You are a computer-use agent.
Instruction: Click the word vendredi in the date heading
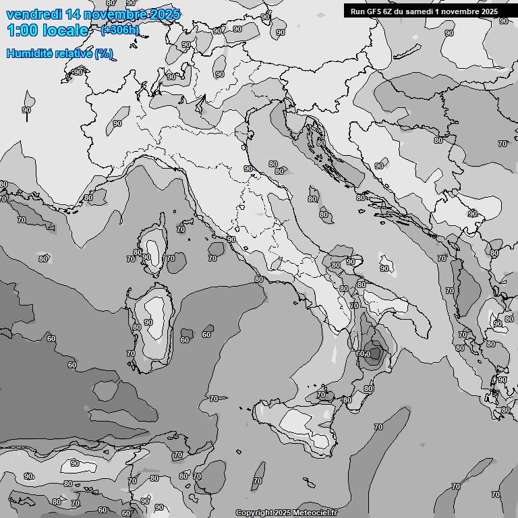pos(31,14)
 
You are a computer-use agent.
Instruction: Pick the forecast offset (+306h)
pos(120,30)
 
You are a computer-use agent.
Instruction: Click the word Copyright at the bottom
pos(255,513)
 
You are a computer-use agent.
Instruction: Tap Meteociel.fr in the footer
pos(315,513)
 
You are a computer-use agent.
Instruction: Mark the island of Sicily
pos(297,422)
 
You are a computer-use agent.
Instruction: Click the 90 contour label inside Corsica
pos(146,257)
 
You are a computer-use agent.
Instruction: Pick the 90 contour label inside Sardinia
pos(148,322)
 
